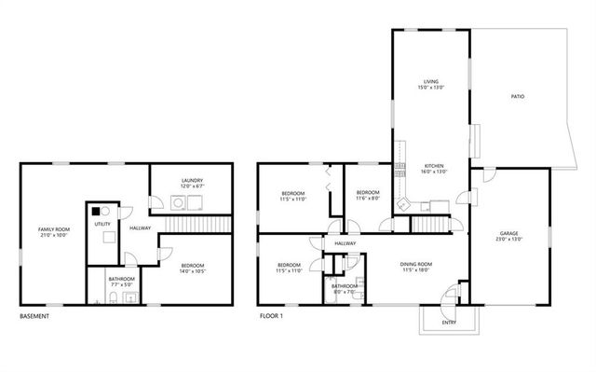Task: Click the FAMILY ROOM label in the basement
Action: [x=53, y=229]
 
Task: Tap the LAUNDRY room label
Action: [x=193, y=180]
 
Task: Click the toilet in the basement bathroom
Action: [x=112, y=297]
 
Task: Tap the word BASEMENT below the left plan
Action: [x=34, y=317]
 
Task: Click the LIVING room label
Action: [x=430, y=82]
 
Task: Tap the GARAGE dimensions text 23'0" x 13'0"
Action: [x=508, y=239]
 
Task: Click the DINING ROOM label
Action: [x=415, y=265]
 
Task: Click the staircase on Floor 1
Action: [x=430, y=226]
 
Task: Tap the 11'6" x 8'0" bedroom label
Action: [x=367, y=198]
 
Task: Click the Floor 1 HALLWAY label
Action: [x=345, y=243]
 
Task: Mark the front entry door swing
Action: [x=452, y=296]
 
